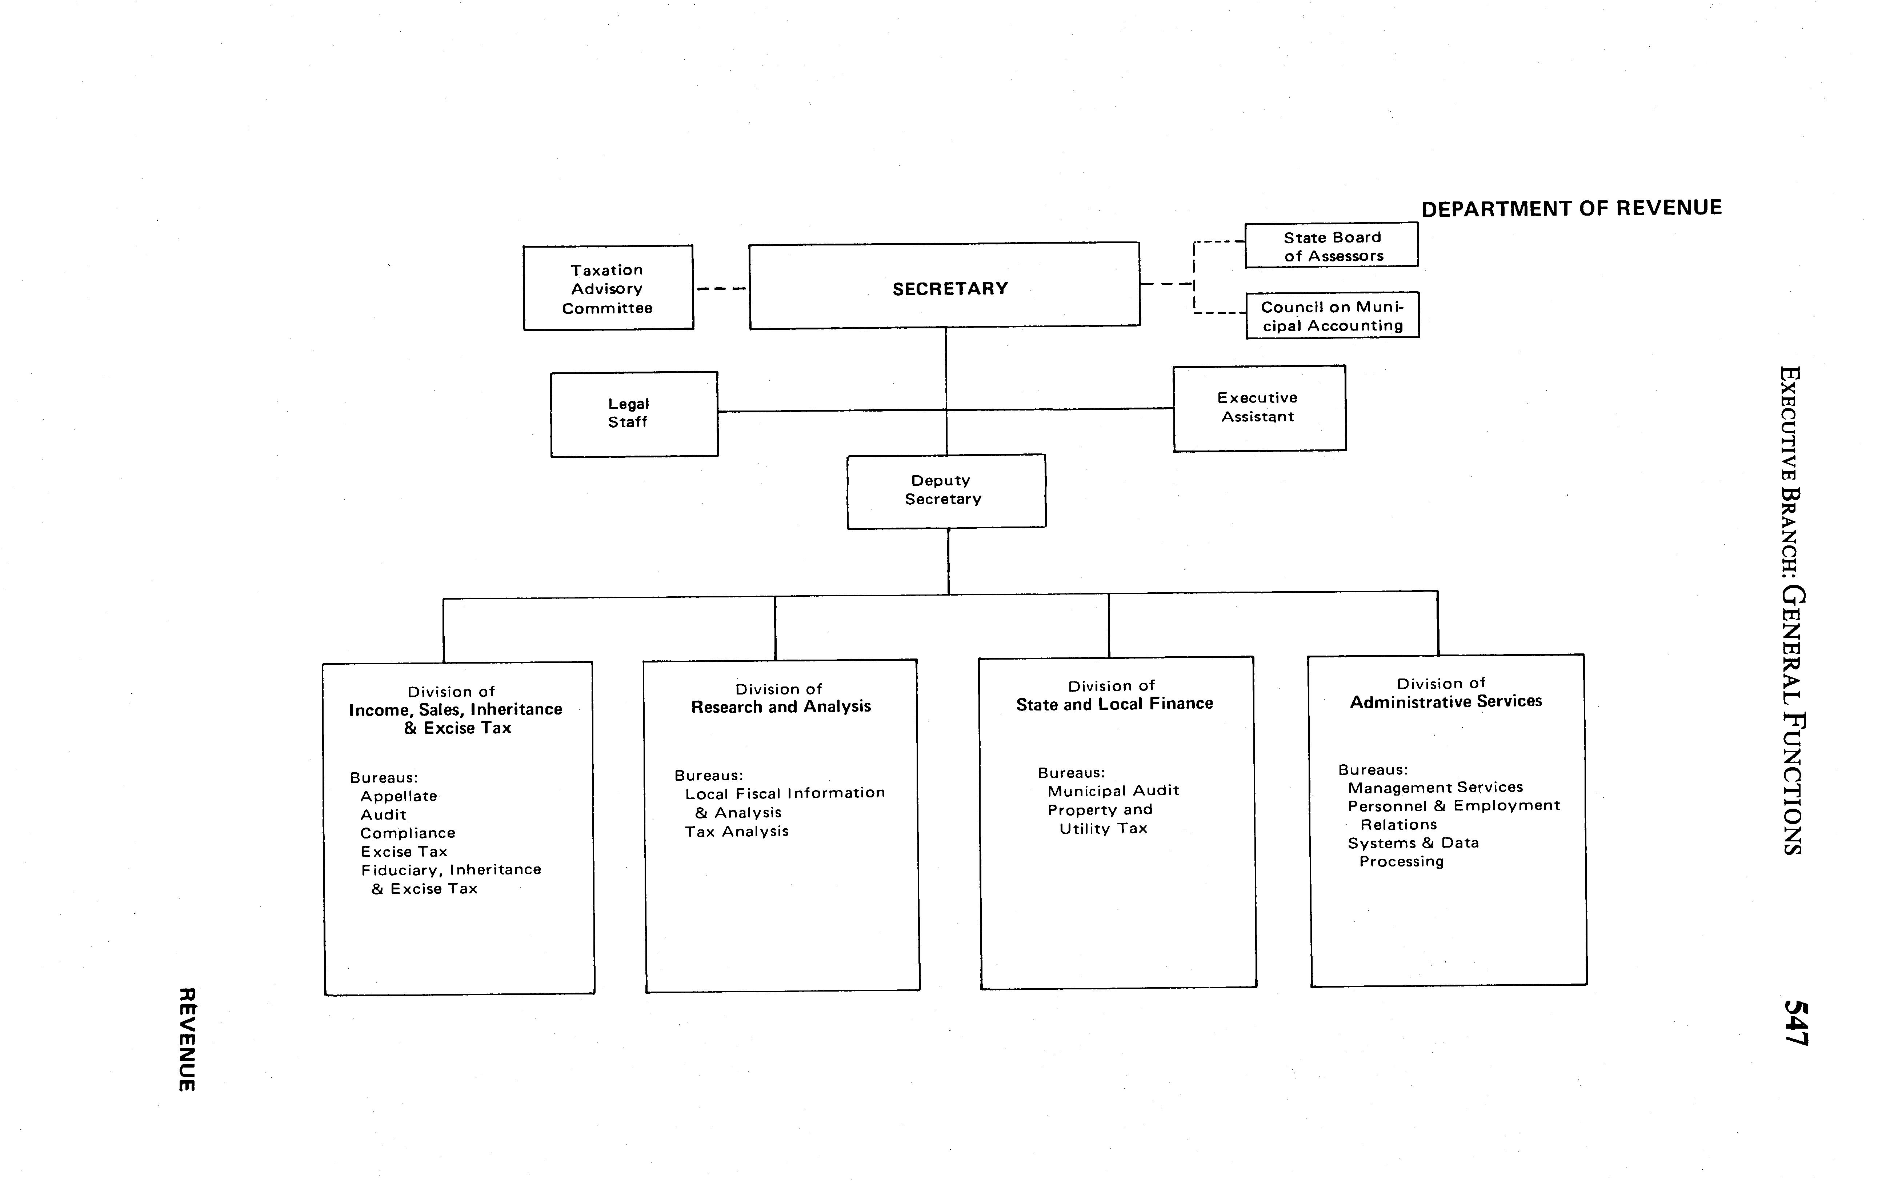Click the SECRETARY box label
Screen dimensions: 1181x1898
coord(950,289)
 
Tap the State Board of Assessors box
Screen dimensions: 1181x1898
coord(1332,246)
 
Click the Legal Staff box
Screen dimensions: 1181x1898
coord(633,414)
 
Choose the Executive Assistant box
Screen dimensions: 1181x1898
coord(1258,408)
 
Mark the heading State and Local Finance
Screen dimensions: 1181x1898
coord(1114,704)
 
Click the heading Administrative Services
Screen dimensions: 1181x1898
coord(1446,701)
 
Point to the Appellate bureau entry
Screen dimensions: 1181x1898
coord(399,796)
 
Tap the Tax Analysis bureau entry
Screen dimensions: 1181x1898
coord(737,832)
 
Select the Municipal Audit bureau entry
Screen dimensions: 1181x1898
coord(1113,790)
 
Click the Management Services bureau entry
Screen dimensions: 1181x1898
coord(1435,787)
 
